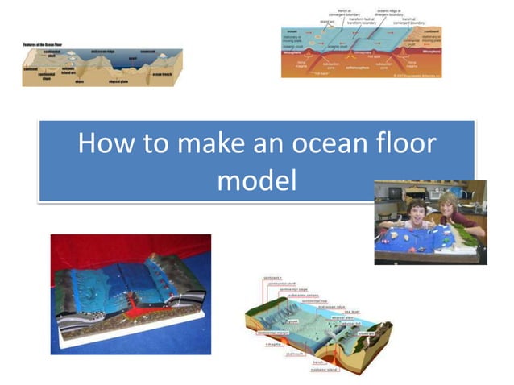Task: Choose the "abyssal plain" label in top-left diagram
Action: (121, 81)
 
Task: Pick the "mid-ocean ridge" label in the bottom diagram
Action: (330, 306)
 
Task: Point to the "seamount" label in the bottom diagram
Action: (295, 352)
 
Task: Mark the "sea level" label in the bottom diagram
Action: (352, 311)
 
